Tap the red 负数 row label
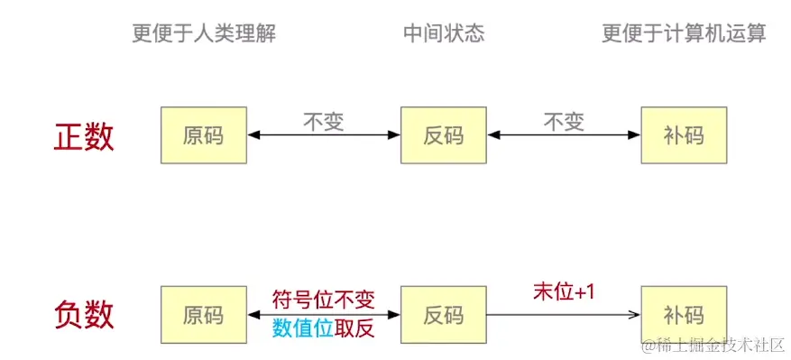pyautogui.click(x=85, y=315)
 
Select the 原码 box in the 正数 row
pyautogui.click(x=203, y=136)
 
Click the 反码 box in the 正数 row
pyautogui.click(x=443, y=136)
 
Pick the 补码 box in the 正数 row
pyautogui.click(x=683, y=136)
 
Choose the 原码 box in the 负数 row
pyautogui.click(x=203, y=315)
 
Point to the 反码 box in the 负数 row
pyautogui.click(x=443, y=315)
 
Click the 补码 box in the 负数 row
pyautogui.click(x=683, y=315)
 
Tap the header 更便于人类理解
pyautogui.click(x=204, y=34)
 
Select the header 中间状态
pyautogui.click(x=444, y=34)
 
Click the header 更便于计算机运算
pyautogui.click(x=684, y=34)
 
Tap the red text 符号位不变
pyautogui.click(x=323, y=300)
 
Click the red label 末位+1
pyautogui.click(x=564, y=294)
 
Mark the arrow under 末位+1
pyautogui.click(x=564, y=315)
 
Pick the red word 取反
pyautogui.click(x=354, y=329)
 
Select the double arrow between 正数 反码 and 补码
pyautogui.click(x=564, y=136)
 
